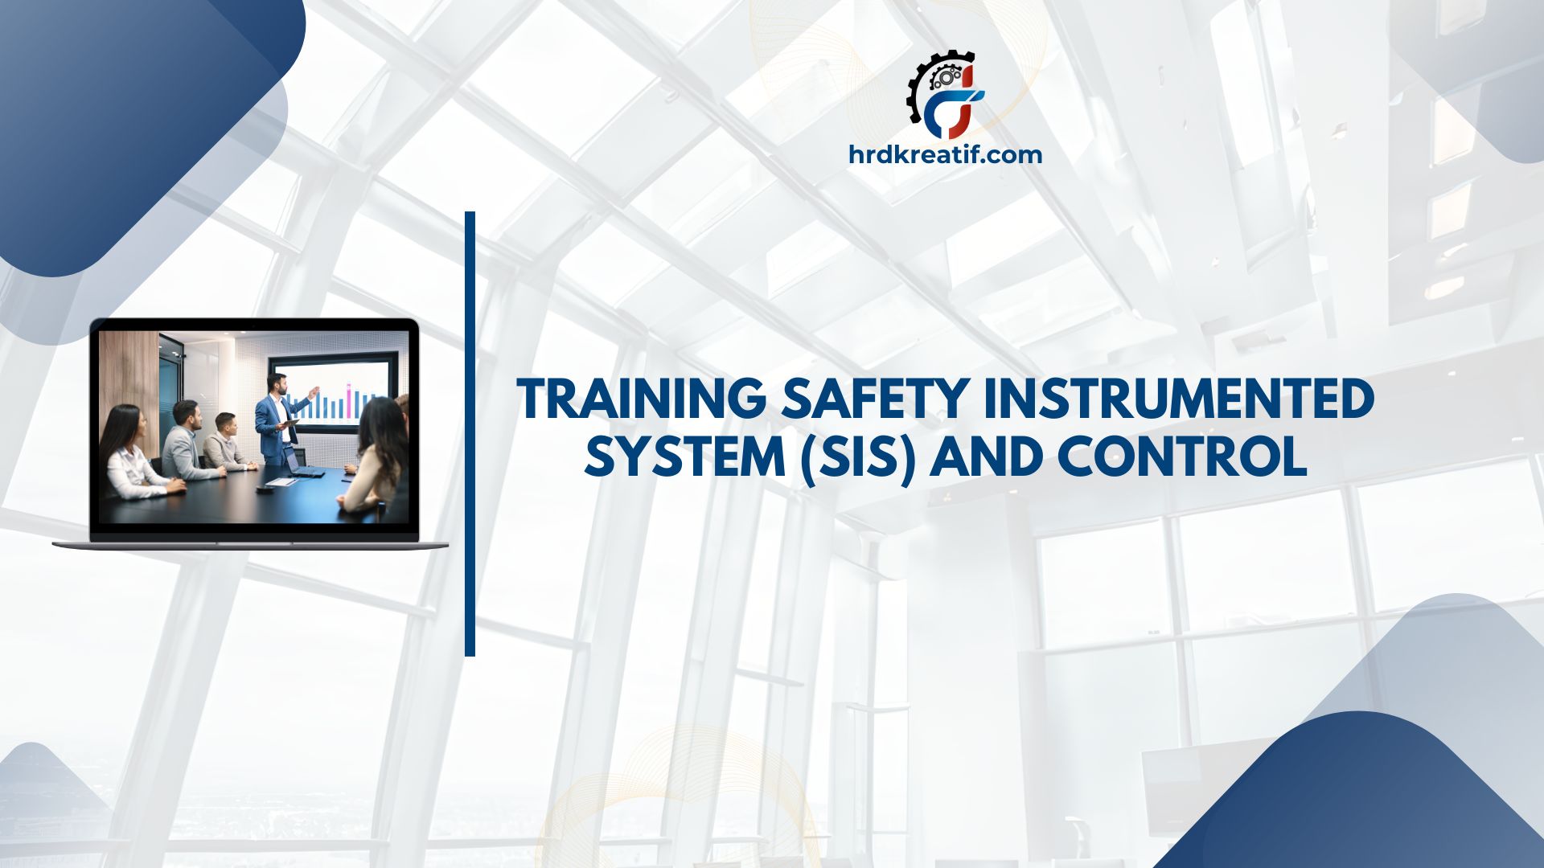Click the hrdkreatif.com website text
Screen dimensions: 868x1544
click(x=945, y=154)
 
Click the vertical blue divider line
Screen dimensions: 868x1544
click(x=470, y=434)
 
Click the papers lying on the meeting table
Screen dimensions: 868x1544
click(x=281, y=482)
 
